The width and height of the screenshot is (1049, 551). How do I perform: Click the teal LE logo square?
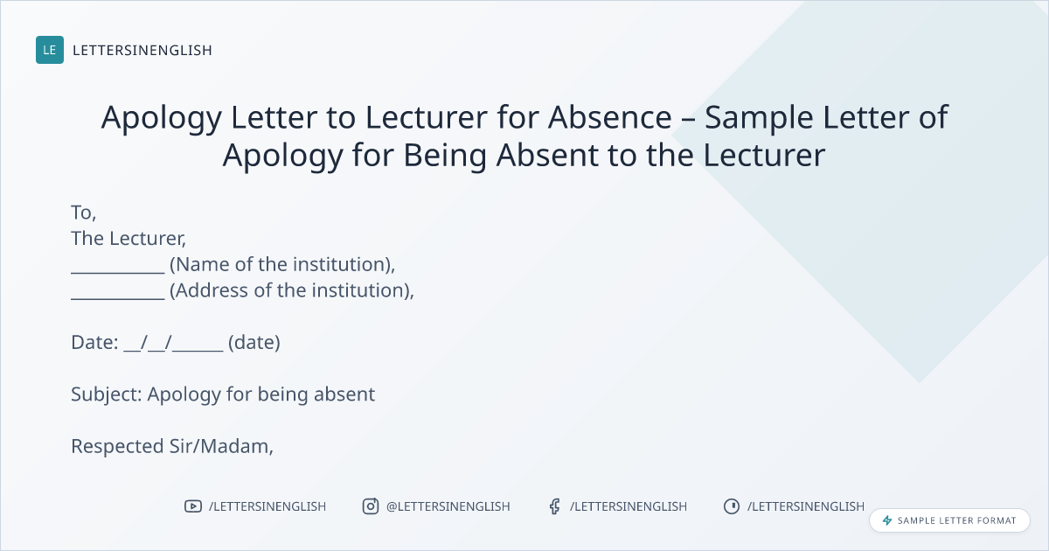click(x=50, y=50)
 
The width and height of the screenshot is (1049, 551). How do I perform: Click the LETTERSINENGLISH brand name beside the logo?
click(x=142, y=50)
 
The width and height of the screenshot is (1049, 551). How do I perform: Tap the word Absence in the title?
click(x=610, y=116)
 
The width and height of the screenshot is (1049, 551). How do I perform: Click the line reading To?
click(x=84, y=213)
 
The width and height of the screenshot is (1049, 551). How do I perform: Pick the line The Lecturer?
click(x=129, y=239)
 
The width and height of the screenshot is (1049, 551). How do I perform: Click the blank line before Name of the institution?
click(x=118, y=273)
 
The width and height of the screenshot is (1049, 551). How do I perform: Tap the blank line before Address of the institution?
click(x=118, y=298)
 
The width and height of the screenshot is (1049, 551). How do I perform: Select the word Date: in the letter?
click(x=94, y=343)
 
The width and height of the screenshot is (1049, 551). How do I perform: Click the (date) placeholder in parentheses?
click(x=254, y=343)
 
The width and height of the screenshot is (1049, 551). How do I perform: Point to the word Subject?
click(x=107, y=394)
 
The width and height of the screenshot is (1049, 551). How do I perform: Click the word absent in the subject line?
click(x=344, y=394)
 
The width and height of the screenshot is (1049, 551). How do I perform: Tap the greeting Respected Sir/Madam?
click(x=172, y=447)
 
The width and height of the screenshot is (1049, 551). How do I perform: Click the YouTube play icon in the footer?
click(x=193, y=506)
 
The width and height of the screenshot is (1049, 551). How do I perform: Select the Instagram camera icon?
click(x=371, y=506)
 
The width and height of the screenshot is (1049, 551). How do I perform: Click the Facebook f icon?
click(x=554, y=506)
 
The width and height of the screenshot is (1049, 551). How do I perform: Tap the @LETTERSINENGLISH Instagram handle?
click(x=448, y=506)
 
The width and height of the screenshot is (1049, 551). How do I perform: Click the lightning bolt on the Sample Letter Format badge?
click(x=887, y=520)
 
